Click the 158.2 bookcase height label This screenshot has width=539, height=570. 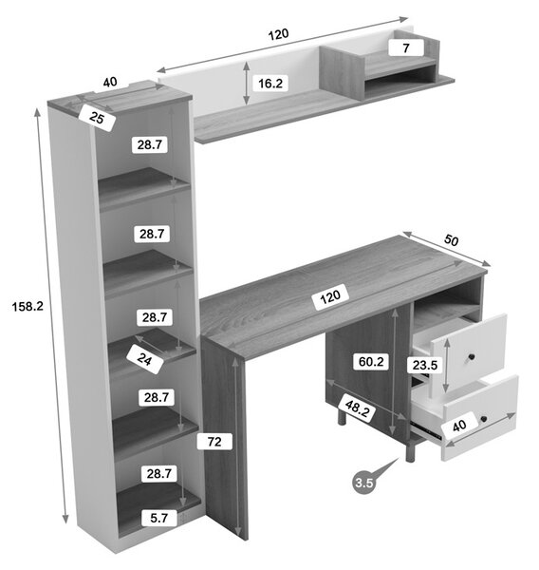pos(28,307)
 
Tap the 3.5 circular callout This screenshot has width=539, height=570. pos(364,483)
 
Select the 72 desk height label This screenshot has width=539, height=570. pos(214,442)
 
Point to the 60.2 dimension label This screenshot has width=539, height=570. pos(371,362)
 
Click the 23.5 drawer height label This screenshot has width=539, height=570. pos(425,365)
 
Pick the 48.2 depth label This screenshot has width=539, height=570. pos(357,408)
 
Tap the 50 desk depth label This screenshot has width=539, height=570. pos(451,240)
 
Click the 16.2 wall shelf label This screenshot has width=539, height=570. pos(270,84)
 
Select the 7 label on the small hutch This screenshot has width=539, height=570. pos(406,48)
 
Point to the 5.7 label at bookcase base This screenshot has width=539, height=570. pos(159,518)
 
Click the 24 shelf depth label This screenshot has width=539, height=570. pos(144,359)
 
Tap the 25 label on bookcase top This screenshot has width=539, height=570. pos(97,118)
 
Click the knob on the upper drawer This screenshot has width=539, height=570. pos(472,357)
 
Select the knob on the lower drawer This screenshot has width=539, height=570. pos(483,419)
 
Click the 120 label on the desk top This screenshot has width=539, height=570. pos(330,297)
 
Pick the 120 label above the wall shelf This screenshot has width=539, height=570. pos(279,34)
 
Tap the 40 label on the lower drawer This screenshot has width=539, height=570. pos(459,425)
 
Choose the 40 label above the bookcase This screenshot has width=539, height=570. pos(110,82)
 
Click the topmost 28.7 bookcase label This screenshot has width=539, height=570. pos(149,144)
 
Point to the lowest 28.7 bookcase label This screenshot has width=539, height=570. pos(159,474)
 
